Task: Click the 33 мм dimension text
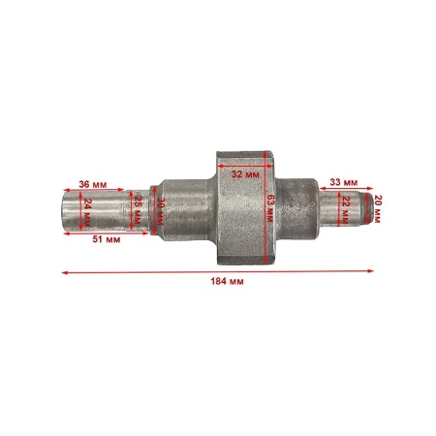(342, 182)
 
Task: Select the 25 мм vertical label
(138, 208)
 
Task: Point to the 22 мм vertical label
(347, 207)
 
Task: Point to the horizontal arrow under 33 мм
(340, 191)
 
